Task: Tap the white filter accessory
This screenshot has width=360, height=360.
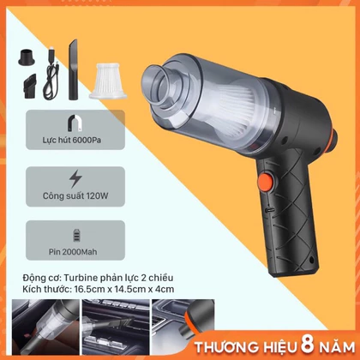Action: [108, 81]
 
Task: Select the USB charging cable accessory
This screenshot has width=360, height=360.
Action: [51, 74]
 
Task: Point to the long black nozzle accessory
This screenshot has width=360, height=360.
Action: [73, 69]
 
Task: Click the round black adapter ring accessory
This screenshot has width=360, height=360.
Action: [27, 57]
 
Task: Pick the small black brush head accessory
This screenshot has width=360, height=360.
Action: [30, 86]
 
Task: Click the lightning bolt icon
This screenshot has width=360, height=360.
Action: [75, 179]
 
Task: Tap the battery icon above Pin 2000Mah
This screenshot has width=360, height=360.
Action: [76, 236]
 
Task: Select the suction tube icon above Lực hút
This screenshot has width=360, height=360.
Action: [75, 123]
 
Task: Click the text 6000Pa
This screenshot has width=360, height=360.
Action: [87, 141]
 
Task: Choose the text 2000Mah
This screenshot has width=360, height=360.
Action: [80, 252]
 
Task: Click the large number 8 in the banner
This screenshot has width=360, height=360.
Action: [308, 345]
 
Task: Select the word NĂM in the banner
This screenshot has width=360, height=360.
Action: [337, 347]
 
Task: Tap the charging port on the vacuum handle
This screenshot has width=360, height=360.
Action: [270, 210]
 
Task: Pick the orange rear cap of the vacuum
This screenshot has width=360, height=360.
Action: [333, 139]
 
